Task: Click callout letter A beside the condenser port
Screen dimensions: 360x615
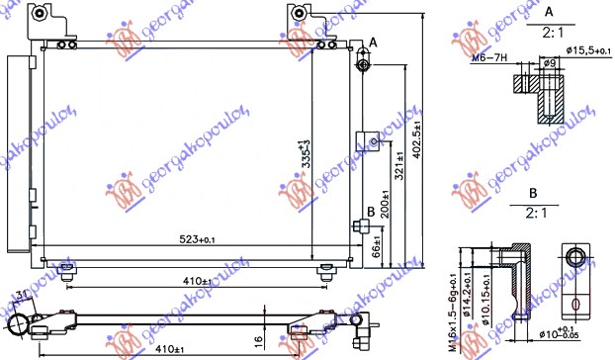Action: tap(374, 43)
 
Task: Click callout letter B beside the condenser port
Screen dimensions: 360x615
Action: tap(371, 212)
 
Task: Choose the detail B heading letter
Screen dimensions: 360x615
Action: tap(533, 194)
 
